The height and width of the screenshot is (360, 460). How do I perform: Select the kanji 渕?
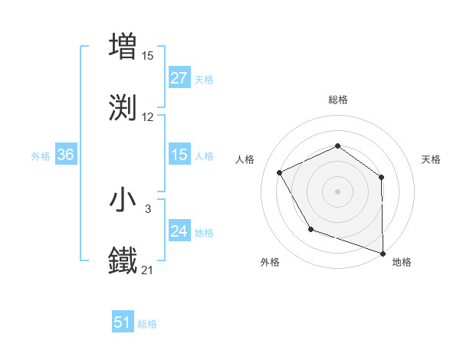click(x=123, y=107)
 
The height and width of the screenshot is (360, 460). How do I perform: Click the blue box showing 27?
click(x=179, y=78)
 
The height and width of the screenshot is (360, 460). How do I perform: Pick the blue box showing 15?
click(x=179, y=155)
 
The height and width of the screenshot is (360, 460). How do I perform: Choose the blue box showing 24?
click(x=179, y=232)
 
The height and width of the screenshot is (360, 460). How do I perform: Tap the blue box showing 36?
click(x=66, y=155)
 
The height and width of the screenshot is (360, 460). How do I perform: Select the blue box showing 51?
click(x=123, y=322)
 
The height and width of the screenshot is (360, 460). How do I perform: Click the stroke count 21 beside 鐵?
click(x=148, y=270)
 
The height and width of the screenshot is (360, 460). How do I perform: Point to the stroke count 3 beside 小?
click(x=148, y=208)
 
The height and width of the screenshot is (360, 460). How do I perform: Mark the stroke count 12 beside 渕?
click(x=148, y=117)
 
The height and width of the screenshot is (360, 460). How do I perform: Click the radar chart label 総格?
click(x=338, y=100)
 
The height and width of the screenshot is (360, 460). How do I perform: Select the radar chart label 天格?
click(x=431, y=159)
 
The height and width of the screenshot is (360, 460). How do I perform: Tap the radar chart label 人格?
click(x=245, y=159)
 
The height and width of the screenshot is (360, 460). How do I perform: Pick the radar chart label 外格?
click(x=269, y=262)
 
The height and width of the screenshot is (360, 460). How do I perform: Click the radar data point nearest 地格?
click(x=383, y=253)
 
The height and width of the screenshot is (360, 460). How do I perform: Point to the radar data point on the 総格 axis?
click(x=337, y=146)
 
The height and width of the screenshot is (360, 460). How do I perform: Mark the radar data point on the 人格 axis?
click(x=280, y=173)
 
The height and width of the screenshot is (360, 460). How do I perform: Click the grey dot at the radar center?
click(x=337, y=191)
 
